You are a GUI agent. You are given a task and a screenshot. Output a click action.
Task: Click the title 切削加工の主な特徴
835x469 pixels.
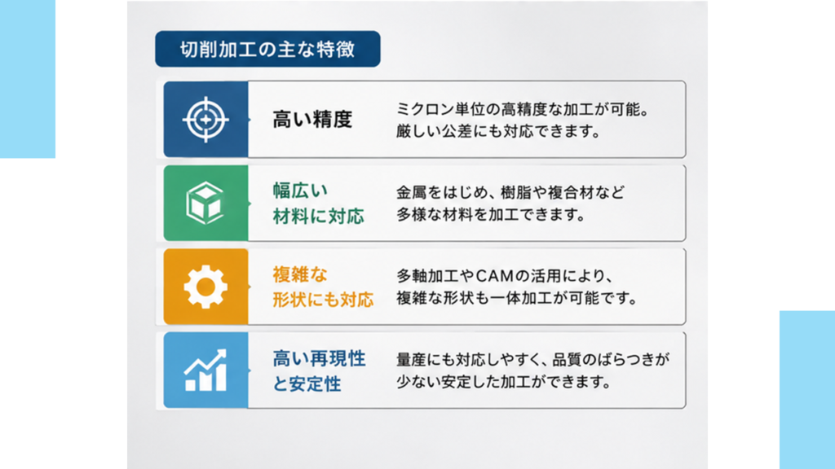coord(267,50)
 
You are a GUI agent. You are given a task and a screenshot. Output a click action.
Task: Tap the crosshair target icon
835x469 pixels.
coord(205,119)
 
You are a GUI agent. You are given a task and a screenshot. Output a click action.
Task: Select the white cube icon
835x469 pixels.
coord(205,203)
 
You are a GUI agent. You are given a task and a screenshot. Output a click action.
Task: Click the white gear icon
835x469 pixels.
coord(205,287)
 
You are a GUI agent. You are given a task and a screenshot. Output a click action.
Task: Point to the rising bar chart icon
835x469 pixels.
coord(205,370)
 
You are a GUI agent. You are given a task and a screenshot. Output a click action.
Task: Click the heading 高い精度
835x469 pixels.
coord(312,119)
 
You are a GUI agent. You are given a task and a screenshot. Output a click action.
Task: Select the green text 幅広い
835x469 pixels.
coord(300,191)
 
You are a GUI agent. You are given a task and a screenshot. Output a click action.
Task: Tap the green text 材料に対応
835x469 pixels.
coord(319,216)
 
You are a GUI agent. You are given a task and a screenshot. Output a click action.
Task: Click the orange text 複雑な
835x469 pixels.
coord(300,274)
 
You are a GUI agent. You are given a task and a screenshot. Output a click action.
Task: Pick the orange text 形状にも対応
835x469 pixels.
coord(323,300)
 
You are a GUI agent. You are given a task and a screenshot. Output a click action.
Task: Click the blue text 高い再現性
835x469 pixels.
coord(319,358)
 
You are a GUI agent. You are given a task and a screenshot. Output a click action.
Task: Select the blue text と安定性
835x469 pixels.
coord(307,384)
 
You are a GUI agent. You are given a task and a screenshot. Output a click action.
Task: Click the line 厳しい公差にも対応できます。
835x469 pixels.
coord(498,131)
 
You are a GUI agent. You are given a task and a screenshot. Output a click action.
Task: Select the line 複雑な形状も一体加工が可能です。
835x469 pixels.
coord(517,298)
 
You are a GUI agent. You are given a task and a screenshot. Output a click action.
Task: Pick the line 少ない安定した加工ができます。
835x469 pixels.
coord(503,382)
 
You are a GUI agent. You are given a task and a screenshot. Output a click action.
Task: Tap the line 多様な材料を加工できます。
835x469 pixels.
coord(491,215)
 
